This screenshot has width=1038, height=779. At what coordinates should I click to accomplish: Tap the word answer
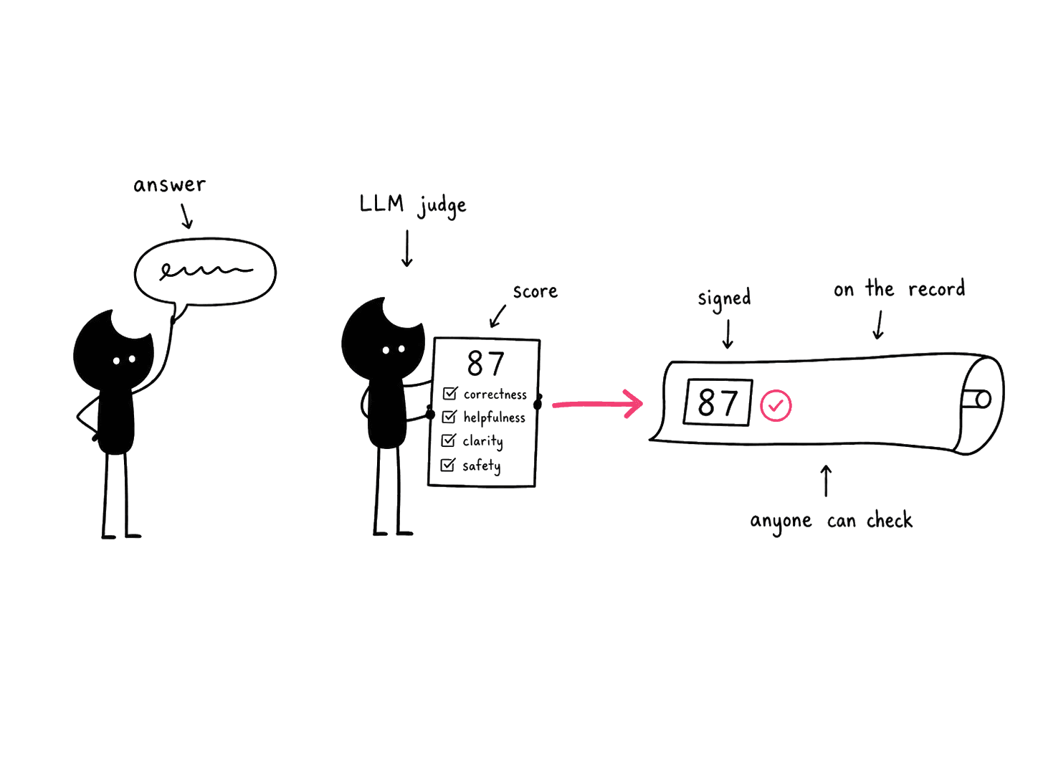[169, 184]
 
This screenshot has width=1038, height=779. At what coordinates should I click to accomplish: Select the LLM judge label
[413, 205]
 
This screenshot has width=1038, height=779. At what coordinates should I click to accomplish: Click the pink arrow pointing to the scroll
[597, 404]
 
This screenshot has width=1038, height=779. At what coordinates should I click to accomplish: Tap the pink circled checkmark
[776, 405]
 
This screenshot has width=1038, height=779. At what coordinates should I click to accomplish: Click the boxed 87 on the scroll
[718, 402]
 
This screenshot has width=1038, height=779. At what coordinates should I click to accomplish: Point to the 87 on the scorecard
[485, 363]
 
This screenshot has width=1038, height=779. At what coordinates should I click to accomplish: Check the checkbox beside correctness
[450, 393]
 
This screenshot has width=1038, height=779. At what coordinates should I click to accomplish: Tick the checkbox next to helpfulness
[449, 417]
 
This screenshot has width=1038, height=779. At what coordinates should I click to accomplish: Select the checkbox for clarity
[448, 440]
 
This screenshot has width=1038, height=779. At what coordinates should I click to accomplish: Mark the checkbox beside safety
[448, 465]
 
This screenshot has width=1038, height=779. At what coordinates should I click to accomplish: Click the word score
[535, 291]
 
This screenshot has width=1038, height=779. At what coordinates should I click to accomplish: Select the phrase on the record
[899, 288]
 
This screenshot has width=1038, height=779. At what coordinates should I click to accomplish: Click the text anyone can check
[832, 521]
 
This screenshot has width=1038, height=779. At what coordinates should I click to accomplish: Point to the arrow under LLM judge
[406, 248]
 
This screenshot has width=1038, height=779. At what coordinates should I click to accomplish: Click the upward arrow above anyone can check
[826, 481]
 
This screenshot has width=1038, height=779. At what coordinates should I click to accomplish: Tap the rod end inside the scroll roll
[983, 400]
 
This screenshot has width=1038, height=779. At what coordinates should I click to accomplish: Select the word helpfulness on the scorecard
[494, 417]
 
